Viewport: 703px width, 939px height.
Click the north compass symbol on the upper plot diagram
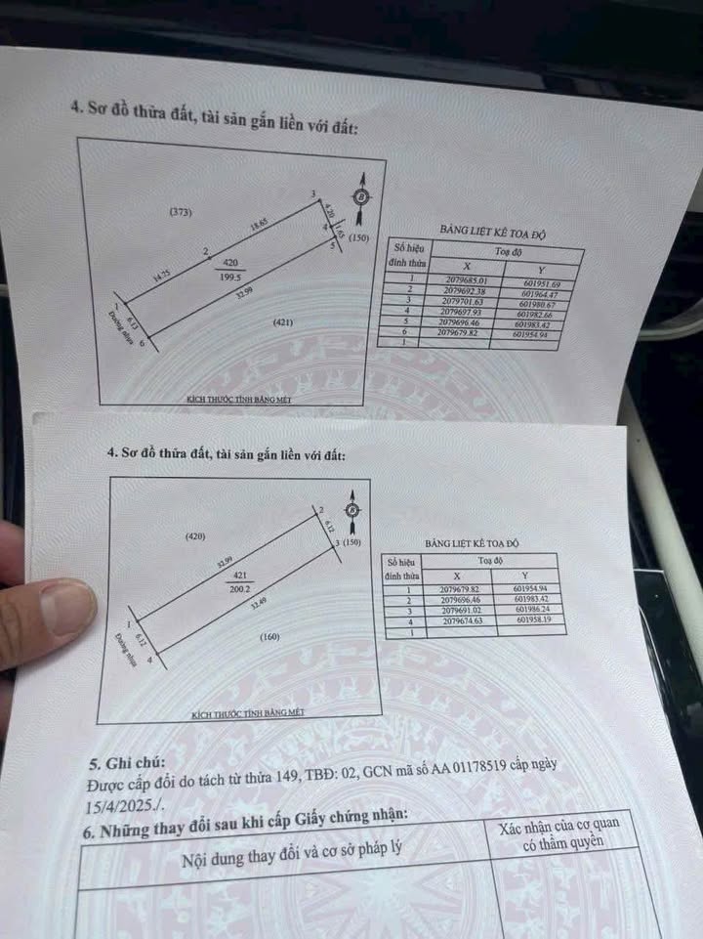tap(362, 194)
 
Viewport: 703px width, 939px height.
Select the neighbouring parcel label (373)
tap(179, 212)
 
